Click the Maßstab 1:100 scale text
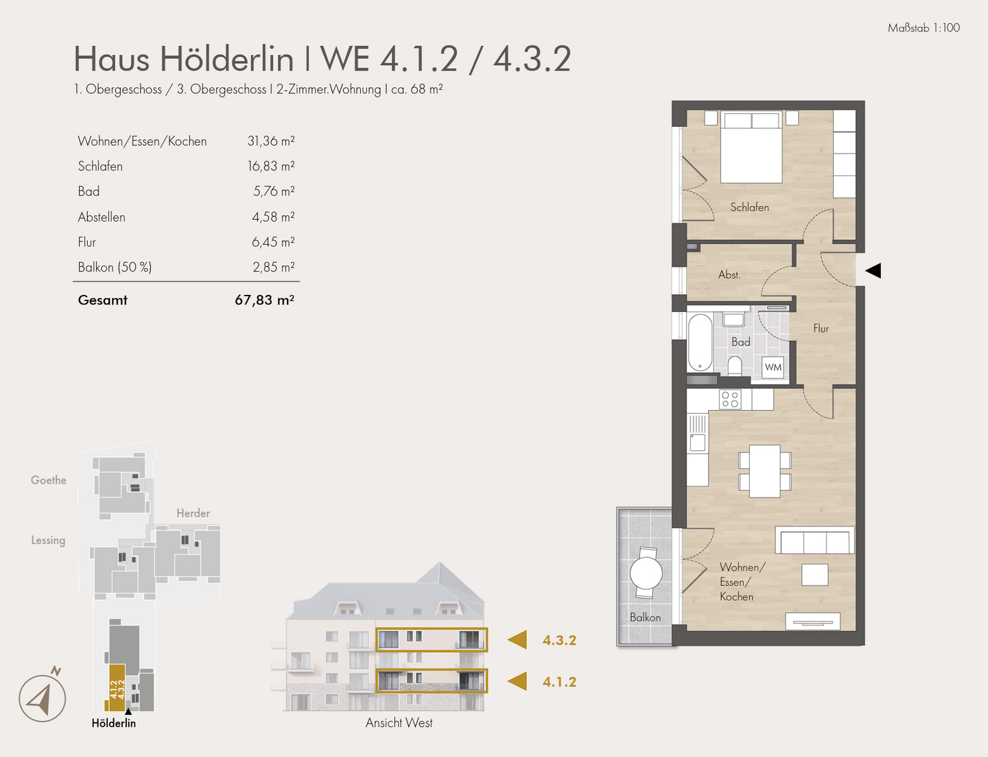(x=924, y=28)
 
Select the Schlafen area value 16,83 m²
(x=271, y=166)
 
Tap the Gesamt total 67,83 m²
(x=264, y=300)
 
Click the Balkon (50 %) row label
(x=115, y=267)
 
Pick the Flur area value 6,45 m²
(x=272, y=242)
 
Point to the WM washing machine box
(x=773, y=368)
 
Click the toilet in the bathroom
(x=735, y=365)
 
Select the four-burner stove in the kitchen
(x=730, y=399)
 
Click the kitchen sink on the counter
(x=698, y=442)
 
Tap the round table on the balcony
(x=646, y=573)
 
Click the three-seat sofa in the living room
(x=814, y=541)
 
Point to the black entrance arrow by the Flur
(x=873, y=271)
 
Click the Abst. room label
(x=729, y=275)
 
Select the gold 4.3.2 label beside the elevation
(x=559, y=640)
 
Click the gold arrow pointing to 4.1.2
(x=517, y=682)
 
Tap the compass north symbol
(x=43, y=698)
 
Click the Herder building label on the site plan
(x=193, y=514)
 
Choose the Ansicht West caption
(x=399, y=723)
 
